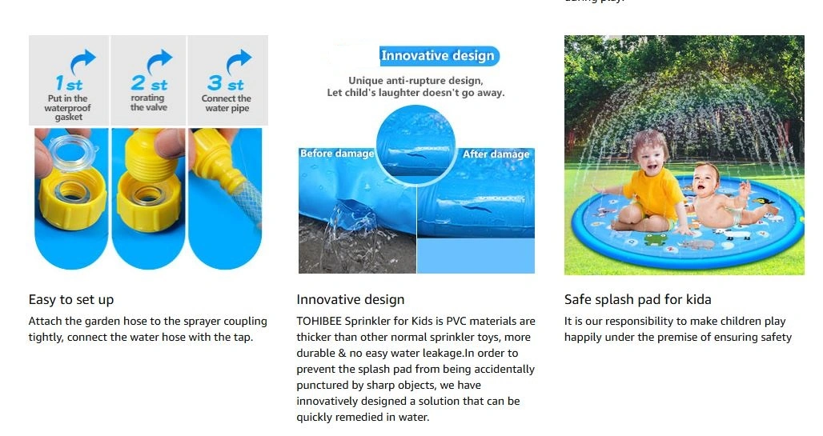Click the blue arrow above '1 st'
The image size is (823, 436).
click(x=83, y=61)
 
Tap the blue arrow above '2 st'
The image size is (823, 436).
click(x=159, y=61)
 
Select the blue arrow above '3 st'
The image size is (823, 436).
click(x=239, y=61)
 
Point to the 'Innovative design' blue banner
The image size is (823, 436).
click(x=438, y=56)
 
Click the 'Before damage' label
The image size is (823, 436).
click(x=337, y=154)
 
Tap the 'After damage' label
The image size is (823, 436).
click(x=496, y=154)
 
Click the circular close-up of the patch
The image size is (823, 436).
click(x=416, y=146)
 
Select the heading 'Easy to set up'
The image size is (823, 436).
click(x=71, y=299)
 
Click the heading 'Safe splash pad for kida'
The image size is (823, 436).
click(x=638, y=299)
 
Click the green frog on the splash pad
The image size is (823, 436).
click(x=656, y=239)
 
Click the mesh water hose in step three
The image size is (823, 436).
click(x=247, y=199)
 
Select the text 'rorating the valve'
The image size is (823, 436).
click(x=149, y=102)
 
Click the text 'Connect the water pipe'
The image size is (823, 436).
click(x=227, y=103)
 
